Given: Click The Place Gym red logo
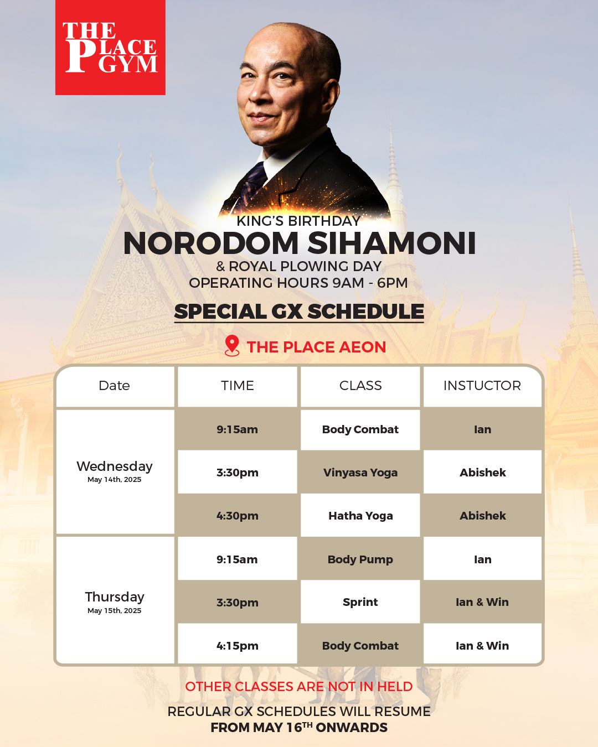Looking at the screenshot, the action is (110, 47).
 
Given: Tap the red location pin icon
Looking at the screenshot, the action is (232, 346).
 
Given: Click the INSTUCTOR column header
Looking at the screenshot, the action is (482, 386).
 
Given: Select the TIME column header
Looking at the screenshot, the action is (238, 386).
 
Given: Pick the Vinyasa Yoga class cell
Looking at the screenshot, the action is (360, 472).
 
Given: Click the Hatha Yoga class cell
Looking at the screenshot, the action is (360, 516).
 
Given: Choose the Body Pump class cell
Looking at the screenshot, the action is (360, 559).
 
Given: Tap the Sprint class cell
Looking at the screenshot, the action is (360, 601).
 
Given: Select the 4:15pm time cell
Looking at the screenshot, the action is (238, 646).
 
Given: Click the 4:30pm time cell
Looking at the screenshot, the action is (238, 516).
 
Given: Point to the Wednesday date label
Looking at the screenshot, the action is (114, 466).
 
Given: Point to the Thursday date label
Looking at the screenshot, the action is (114, 597).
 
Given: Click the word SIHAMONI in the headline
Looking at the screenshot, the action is (391, 243).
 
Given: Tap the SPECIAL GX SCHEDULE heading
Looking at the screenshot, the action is (299, 312).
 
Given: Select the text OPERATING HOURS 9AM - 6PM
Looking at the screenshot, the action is (298, 283).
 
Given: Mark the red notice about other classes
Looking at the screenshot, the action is (299, 686).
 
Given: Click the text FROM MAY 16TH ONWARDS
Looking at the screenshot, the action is (299, 727).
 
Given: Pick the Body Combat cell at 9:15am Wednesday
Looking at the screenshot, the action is (360, 429).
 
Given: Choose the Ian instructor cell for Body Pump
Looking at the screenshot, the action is (482, 559).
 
